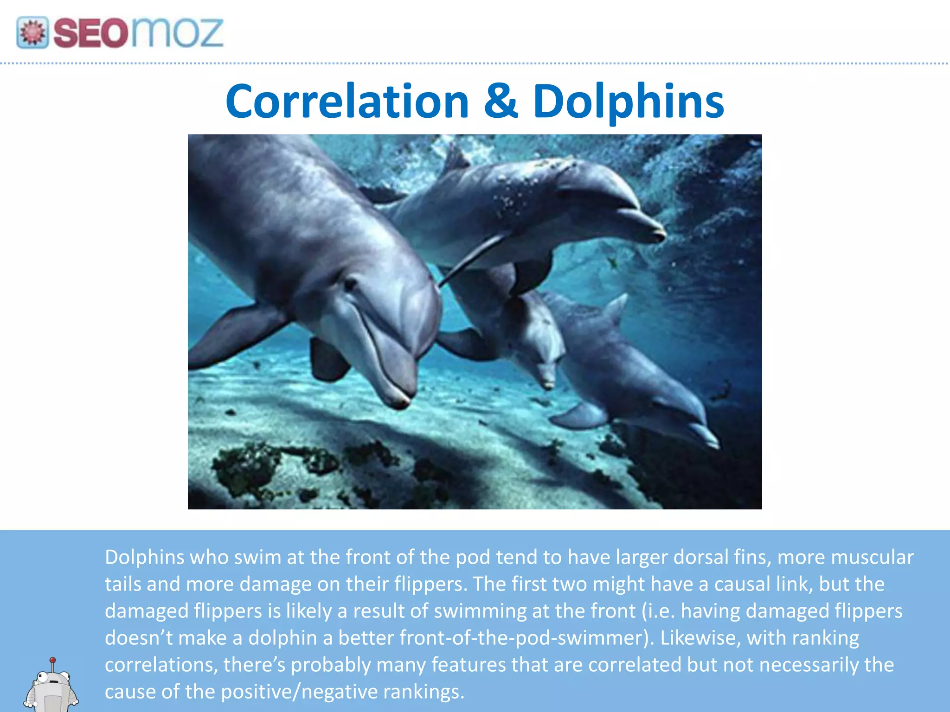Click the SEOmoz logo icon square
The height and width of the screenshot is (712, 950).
32,32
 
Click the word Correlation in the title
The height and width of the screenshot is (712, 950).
347,102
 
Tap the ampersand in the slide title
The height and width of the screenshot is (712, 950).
501,101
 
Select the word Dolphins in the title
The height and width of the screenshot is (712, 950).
628,102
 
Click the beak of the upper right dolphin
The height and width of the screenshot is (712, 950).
649,227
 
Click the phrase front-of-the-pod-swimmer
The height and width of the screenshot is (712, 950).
526,638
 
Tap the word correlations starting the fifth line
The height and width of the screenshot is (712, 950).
160,665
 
